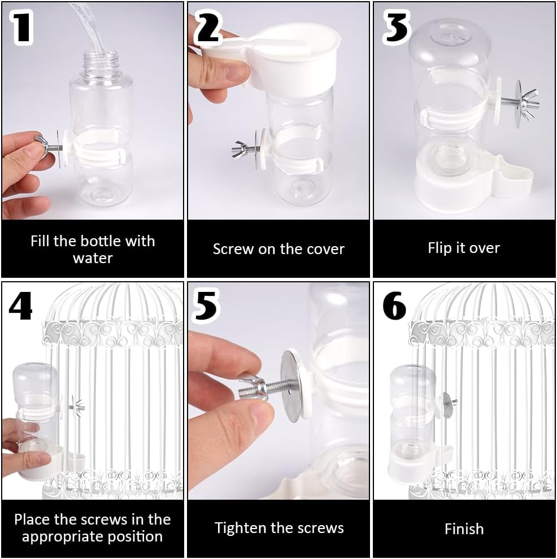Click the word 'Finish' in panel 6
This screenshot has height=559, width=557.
[x=464, y=529]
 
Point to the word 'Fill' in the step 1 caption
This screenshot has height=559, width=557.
[x=40, y=241]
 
